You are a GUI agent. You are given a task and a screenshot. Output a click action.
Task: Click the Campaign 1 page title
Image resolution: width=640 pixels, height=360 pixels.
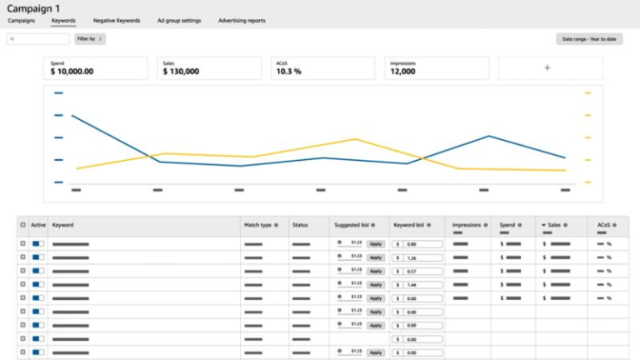[32, 7]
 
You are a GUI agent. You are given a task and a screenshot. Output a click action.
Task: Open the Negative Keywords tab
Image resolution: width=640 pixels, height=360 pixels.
[117, 20]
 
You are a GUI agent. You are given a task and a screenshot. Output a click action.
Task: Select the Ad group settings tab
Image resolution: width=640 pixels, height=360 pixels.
[179, 20]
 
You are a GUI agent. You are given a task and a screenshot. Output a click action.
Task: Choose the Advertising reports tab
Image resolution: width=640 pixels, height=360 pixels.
[242, 20]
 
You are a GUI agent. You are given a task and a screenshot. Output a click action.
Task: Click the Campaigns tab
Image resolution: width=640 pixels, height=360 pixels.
[21, 20]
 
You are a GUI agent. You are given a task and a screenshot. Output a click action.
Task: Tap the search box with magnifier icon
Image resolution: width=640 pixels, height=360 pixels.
[38, 39]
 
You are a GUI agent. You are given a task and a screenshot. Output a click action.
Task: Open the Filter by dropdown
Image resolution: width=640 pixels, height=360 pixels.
[90, 39]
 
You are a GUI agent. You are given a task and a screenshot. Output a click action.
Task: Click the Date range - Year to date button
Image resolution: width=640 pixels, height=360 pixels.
[589, 39]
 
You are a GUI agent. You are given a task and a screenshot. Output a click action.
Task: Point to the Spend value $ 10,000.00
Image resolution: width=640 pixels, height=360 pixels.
[72, 72]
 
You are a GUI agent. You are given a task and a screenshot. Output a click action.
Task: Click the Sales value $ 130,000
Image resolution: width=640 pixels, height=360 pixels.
[181, 72]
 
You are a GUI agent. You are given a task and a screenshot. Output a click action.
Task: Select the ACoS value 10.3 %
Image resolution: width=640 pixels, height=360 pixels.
[288, 72]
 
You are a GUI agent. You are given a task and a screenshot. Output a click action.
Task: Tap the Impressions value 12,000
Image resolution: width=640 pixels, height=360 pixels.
[402, 72]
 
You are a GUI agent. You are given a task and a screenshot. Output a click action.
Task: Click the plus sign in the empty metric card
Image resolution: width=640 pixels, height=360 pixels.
[547, 67]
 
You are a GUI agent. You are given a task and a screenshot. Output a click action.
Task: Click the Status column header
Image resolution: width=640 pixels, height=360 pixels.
[301, 225]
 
